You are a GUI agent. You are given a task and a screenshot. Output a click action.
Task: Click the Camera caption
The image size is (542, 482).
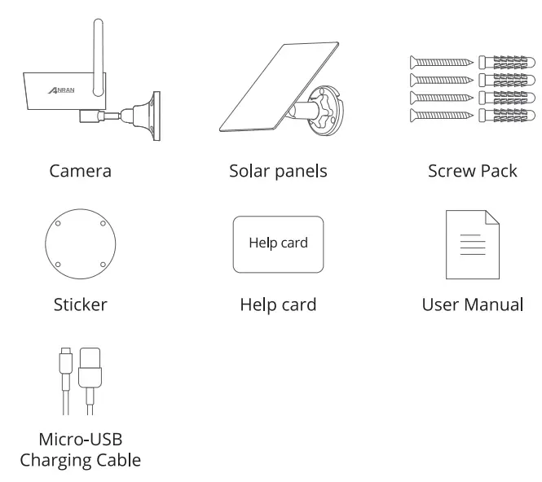pos(80,171)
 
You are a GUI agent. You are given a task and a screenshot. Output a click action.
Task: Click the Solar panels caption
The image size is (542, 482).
pos(277,171)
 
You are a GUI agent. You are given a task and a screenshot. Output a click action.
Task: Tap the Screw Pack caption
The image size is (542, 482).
pos(472,171)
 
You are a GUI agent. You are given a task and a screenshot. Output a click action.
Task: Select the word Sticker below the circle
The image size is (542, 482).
pos(80,305)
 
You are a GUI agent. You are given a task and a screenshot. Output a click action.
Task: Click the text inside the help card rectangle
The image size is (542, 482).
pos(278,243)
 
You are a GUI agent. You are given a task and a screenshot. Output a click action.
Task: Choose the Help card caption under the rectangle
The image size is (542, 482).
pos(277,305)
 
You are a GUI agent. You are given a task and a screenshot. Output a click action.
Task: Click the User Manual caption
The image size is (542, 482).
pos(472,305)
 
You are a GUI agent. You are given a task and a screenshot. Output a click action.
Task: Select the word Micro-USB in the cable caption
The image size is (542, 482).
pos(80,440)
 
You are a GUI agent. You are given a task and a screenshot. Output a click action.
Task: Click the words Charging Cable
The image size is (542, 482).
pos(80,460)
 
